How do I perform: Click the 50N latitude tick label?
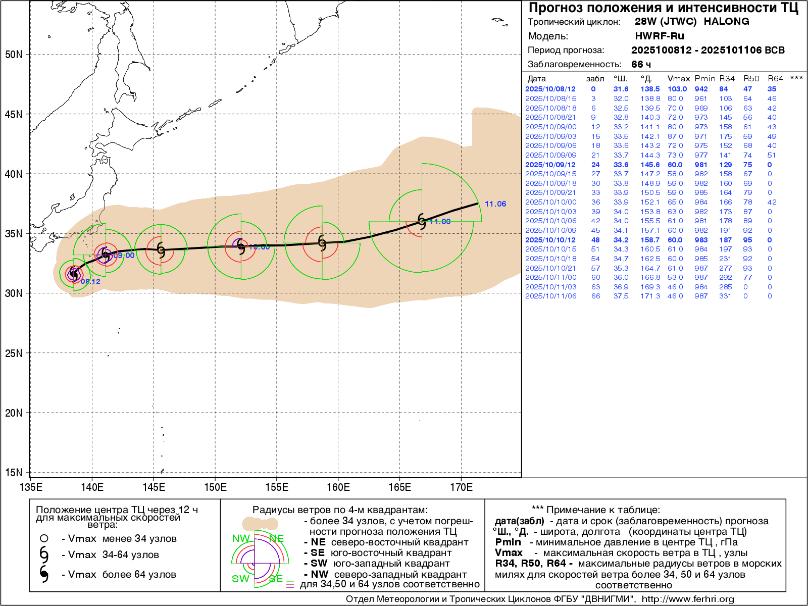click(x=14, y=55)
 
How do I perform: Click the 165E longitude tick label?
click(x=399, y=487)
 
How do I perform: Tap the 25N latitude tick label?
click(x=14, y=353)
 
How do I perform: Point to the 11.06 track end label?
click(x=495, y=204)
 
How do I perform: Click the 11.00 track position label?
click(x=440, y=222)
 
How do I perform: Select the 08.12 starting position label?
click(x=90, y=281)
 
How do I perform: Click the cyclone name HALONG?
click(x=726, y=22)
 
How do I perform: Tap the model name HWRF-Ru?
click(x=659, y=36)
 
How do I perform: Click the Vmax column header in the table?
click(x=678, y=79)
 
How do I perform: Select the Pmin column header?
click(x=704, y=79)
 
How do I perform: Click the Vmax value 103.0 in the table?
click(x=677, y=89)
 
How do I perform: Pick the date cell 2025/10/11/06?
click(x=550, y=296)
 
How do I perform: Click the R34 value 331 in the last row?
click(x=725, y=296)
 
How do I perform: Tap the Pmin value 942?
click(x=701, y=89)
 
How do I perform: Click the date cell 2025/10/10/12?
click(x=550, y=240)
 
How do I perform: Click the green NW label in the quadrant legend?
click(x=241, y=538)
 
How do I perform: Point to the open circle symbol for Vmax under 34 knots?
click(x=44, y=538)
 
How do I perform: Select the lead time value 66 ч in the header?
click(x=641, y=64)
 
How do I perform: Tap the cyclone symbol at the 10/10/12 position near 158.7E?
click(x=322, y=242)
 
